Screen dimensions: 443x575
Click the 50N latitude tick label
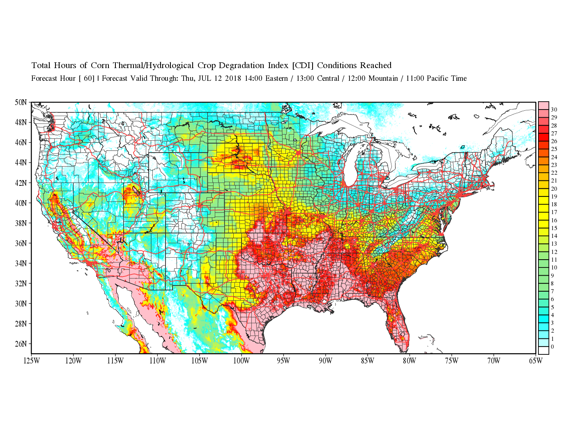point(21,102)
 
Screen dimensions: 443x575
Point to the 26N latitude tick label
point(21,344)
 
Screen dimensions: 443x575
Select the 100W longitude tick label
point(241,361)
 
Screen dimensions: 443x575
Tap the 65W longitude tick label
point(536,361)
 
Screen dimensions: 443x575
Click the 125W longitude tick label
point(32,361)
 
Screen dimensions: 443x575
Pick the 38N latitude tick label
point(21,223)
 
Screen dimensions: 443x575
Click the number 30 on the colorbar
point(554,110)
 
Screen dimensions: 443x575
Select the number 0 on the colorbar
point(552,347)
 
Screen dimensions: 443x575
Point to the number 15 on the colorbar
point(554,228)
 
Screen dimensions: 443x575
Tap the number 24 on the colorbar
point(554,157)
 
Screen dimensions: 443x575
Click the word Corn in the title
point(100,66)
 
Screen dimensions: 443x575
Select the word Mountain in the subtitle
point(382,78)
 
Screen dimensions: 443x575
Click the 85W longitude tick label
point(368,361)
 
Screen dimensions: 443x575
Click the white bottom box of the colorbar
point(543,350)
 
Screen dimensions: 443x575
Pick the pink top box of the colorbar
point(543,105)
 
